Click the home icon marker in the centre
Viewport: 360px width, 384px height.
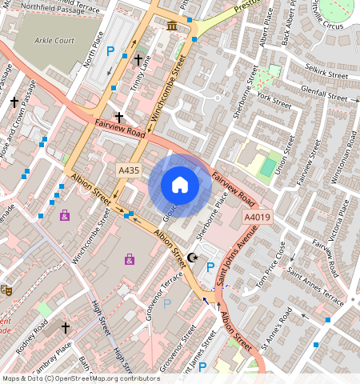click(x=180, y=185)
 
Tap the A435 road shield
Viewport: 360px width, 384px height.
click(x=128, y=170)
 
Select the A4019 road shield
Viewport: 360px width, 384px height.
click(x=257, y=217)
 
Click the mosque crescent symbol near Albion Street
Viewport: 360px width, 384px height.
click(x=192, y=257)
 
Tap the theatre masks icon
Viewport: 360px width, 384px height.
click(x=6, y=290)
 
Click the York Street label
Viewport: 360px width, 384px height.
click(x=275, y=102)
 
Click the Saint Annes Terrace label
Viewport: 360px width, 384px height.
click(x=316, y=290)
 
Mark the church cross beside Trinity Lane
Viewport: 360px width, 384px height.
click(x=138, y=60)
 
